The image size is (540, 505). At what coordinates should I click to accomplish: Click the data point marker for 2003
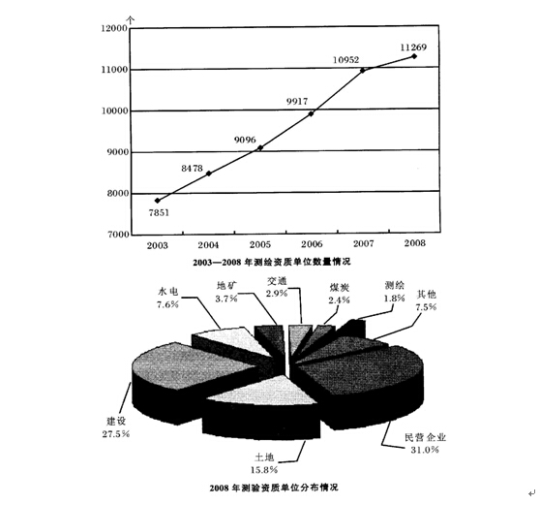(158, 201)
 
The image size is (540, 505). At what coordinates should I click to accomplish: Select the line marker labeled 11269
(414, 56)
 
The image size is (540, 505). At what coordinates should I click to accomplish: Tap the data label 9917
(297, 102)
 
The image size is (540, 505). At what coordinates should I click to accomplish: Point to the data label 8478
(192, 169)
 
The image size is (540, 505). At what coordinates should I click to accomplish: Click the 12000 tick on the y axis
(114, 28)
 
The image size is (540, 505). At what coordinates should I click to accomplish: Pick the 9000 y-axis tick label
(117, 152)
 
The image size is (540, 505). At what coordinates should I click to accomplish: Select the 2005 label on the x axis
(260, 244)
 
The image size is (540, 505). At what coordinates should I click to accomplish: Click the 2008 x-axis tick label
(415, 243)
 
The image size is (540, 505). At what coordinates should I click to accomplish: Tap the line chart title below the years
(272, 262)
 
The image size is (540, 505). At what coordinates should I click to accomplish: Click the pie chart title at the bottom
(274, 488)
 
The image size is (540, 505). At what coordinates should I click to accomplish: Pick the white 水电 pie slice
(234, 340)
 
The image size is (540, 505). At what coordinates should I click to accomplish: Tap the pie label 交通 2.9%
(277, 287)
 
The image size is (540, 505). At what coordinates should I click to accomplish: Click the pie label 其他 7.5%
(427, 300)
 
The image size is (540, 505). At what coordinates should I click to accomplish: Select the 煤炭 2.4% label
(340, 294)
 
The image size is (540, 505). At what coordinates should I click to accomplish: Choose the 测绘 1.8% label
(395, 292)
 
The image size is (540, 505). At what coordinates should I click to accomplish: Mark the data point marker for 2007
(362, 70)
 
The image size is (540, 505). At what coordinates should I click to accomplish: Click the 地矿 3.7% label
(226, 292)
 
